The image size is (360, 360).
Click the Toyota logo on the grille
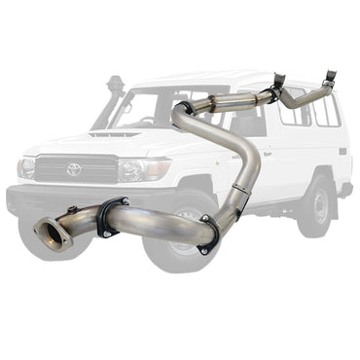click(x=74, y=169)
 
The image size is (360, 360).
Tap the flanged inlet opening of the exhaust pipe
click(x=45, y=234)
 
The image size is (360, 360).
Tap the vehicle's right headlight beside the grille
click(x=26, y=167)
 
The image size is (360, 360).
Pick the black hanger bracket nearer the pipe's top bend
click(x=279, y=86)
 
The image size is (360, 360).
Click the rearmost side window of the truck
click(x=325, y=110)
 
